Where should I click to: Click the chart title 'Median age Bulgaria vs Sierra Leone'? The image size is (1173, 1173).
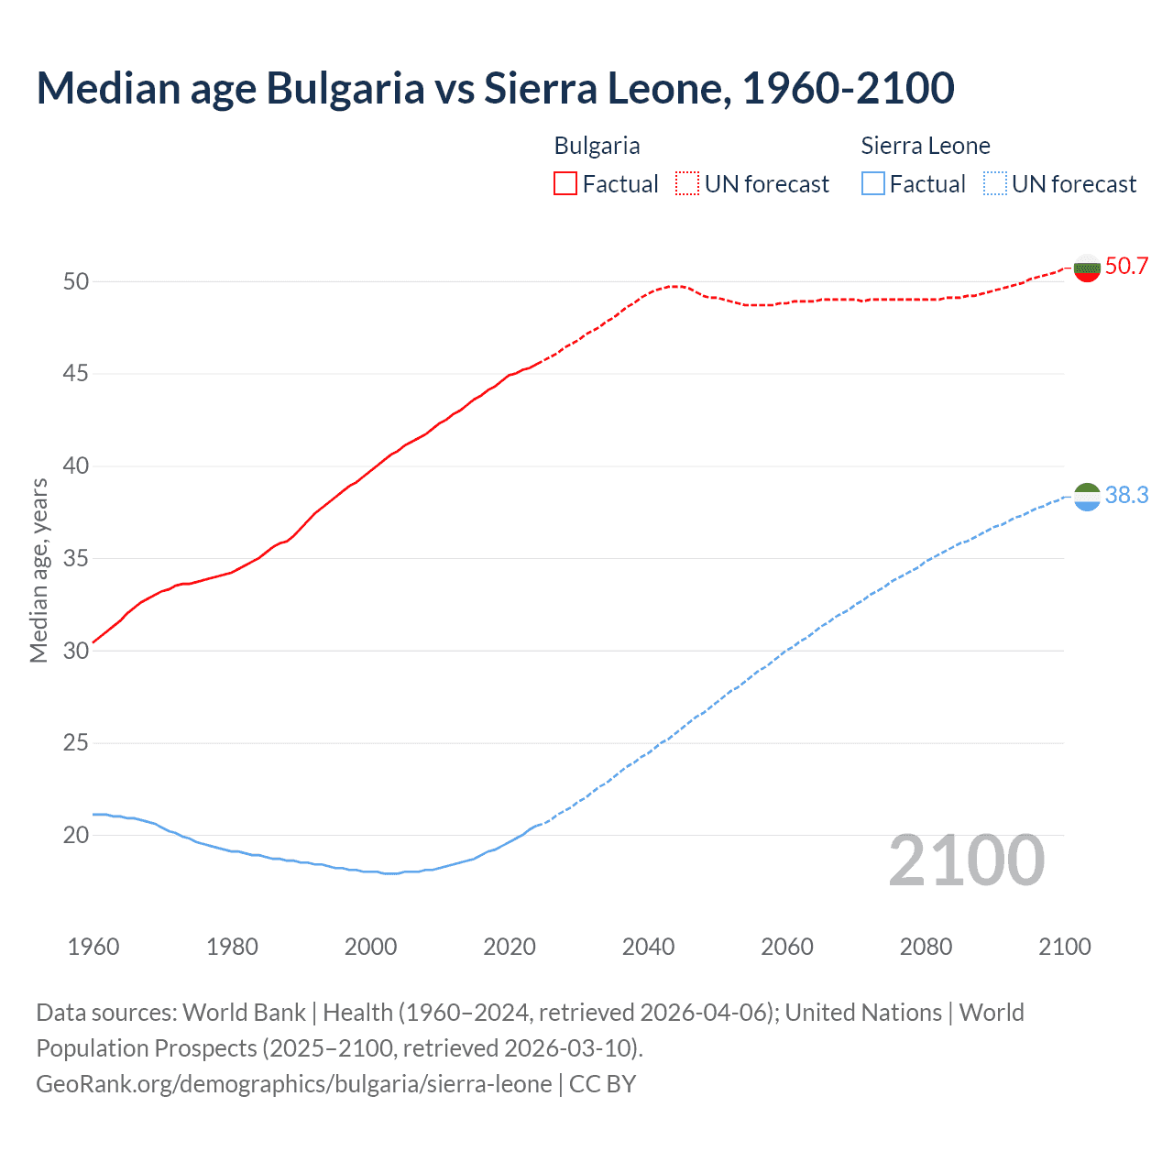495,89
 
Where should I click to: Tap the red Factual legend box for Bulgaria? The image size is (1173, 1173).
565,184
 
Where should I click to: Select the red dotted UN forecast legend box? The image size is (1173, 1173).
687,184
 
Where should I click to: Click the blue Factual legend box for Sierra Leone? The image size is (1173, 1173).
873,184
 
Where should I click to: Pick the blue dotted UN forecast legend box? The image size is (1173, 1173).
994,184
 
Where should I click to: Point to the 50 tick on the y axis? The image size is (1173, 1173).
76,281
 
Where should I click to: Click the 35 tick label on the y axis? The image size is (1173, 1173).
76,558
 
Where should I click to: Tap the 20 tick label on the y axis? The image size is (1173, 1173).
76,835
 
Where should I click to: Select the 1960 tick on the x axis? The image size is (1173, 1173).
93,947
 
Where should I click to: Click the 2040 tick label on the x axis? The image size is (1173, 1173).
648,947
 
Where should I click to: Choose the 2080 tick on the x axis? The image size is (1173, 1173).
926,947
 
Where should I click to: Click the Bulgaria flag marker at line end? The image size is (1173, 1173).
1087,268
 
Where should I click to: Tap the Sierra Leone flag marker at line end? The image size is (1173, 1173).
1087,497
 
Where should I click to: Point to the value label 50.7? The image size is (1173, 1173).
1126,267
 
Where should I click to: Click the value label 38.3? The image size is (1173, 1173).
1126,496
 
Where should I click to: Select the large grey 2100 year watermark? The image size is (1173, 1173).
966,861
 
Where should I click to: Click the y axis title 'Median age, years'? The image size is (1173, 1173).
38,570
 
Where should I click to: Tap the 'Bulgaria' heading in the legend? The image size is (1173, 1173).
597,146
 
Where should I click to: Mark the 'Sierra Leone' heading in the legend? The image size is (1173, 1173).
926,146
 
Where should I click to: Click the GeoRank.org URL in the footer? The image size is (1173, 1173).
294,1084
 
